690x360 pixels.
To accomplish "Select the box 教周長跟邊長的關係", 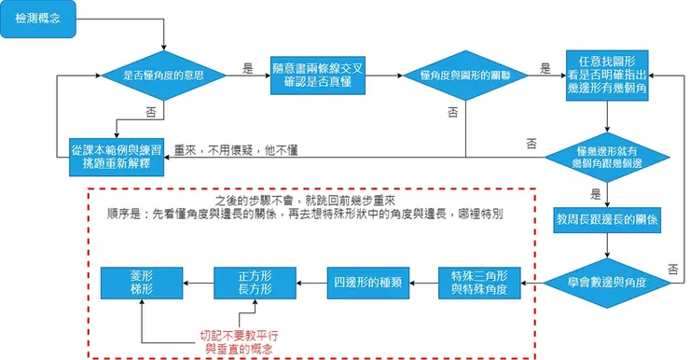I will [607, 220].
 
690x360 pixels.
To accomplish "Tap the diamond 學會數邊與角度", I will [607, 281].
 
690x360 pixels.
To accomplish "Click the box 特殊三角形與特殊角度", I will [478, 281].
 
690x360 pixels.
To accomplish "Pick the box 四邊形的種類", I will [366, 281].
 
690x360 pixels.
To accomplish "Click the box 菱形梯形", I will [141, 281].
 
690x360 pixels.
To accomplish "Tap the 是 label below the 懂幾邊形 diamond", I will [596, 195].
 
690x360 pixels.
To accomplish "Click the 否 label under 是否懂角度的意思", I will [151, 111].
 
